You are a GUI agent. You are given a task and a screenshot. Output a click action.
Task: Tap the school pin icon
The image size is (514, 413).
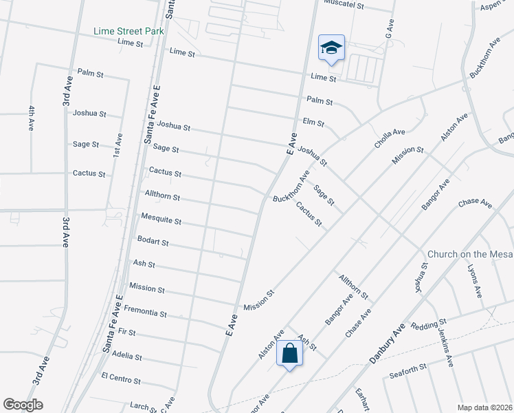pyautogui.click(x=331, y=48)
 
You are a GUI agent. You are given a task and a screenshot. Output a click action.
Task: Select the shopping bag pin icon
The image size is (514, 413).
pyautogui.click(x=289, y=354)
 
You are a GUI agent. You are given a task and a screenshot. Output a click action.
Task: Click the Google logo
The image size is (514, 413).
pyautogui.click(x=23, y=405)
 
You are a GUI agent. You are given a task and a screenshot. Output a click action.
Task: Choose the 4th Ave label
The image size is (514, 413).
pyautogui.click(x=32, y=118)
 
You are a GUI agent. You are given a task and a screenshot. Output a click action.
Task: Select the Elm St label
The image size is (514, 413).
pyautogui.click(x=313, y=123)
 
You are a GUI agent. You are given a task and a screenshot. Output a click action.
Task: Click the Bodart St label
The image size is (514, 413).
pyautogui.click(x=153, y=242)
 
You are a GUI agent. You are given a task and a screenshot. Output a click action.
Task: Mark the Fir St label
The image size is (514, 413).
pyautogui.click(x=127, y=332)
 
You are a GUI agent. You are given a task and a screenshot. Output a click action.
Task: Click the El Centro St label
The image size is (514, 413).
pyautogui.click(x=121, y=379)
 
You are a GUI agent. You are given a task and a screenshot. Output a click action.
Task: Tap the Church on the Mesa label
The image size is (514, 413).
pyautogui.click(x=470, y=254)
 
